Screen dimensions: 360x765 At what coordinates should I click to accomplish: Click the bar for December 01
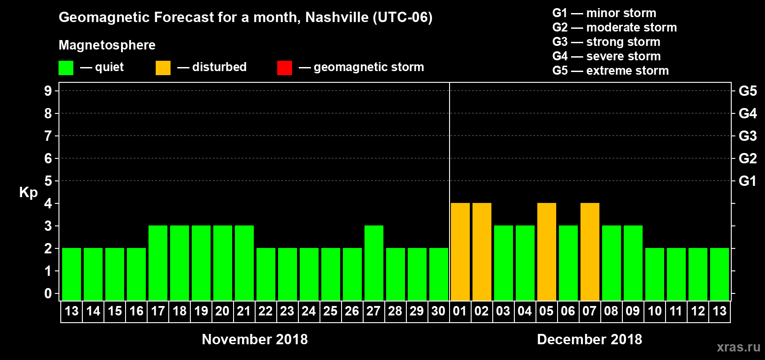[460, 252]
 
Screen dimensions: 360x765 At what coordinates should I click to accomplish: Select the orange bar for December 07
[589, 252]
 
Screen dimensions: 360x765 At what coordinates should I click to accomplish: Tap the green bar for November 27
[373, 263]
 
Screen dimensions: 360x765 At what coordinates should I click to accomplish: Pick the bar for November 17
[157, 263]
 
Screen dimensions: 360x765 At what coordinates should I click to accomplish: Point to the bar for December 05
[546, 252]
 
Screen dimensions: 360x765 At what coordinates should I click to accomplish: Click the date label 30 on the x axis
[438, 311]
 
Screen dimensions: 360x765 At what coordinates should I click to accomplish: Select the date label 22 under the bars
[265, 311]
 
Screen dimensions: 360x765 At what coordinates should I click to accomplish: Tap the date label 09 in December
[633, 311]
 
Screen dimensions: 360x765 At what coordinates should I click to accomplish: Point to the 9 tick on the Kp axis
[48, 91]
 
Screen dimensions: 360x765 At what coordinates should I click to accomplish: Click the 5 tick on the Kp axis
[48, 181]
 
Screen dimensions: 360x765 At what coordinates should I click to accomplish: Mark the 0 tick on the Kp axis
[48, 293]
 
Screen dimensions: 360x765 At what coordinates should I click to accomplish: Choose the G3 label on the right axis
[747, 136]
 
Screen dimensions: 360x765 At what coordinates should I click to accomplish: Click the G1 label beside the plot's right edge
[747, 181]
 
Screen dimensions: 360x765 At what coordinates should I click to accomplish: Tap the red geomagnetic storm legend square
[284, 68]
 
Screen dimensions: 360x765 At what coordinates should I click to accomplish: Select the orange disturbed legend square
[163, 68]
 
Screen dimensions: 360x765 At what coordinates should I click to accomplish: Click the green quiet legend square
[66, 68]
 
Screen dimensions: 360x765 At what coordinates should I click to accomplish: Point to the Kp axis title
[28, 193]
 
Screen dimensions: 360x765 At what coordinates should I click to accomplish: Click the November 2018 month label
[255, 339]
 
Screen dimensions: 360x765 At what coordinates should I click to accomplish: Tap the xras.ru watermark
[738, 347]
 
